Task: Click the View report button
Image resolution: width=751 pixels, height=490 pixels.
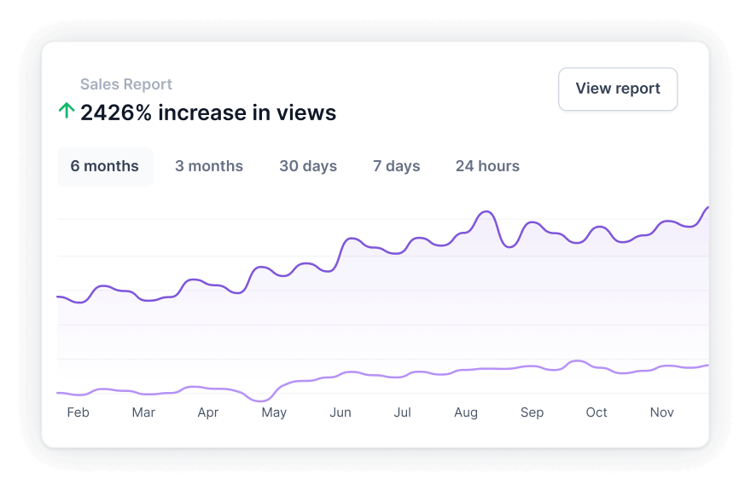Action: pos(618,89)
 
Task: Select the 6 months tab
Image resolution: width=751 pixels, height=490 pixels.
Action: pos(104,166)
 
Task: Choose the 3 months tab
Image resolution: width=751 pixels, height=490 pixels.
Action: pos(209,166)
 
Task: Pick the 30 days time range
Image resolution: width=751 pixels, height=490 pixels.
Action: pos(308,166)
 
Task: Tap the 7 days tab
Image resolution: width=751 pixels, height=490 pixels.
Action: pos(396,166)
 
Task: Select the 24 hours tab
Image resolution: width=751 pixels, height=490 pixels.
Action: pos(487,166)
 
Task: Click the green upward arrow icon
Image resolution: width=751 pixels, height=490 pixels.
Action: pos(66,111)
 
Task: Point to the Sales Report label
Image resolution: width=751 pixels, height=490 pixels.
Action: pos(126,84)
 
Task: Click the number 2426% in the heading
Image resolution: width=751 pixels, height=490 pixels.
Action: pos(116,112)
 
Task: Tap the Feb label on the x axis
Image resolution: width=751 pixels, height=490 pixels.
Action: pos(78,412)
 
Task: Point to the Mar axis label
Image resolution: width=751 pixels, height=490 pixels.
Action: pos(143,412)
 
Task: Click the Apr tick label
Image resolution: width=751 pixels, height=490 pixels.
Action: pos(208,412)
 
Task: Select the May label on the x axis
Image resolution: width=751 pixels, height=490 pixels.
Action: pos(274,412)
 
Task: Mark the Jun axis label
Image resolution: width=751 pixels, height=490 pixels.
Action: pos(341,412)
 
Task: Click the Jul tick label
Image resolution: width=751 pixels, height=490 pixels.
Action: pos(402,412)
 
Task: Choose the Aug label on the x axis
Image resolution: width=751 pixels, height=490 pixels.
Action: pos(466,412)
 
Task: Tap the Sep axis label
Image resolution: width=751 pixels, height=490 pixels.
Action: pos(532,412)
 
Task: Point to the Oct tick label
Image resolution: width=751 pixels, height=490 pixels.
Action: pos(597,412)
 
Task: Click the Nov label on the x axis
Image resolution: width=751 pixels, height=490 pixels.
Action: pos(661,412)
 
